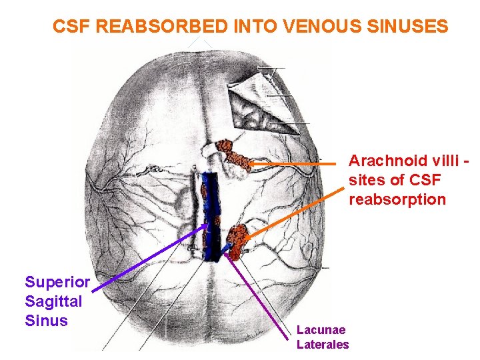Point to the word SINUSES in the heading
click(x=409, y=27)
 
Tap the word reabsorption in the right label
click(x=397, y=199)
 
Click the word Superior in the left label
click(x=57, y=283)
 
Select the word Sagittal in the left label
click(x=53, y=301)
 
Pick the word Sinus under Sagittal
click(x=46, y=321)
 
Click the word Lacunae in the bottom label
click(x=321, y=330)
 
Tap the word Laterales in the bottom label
click(x=323, y=345)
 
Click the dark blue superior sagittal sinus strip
click(x=212, y=213)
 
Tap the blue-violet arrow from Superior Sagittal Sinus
click(x=153, y=257)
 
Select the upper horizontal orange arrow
click(x=293, y=163)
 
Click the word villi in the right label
click(x=441, y=161)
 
